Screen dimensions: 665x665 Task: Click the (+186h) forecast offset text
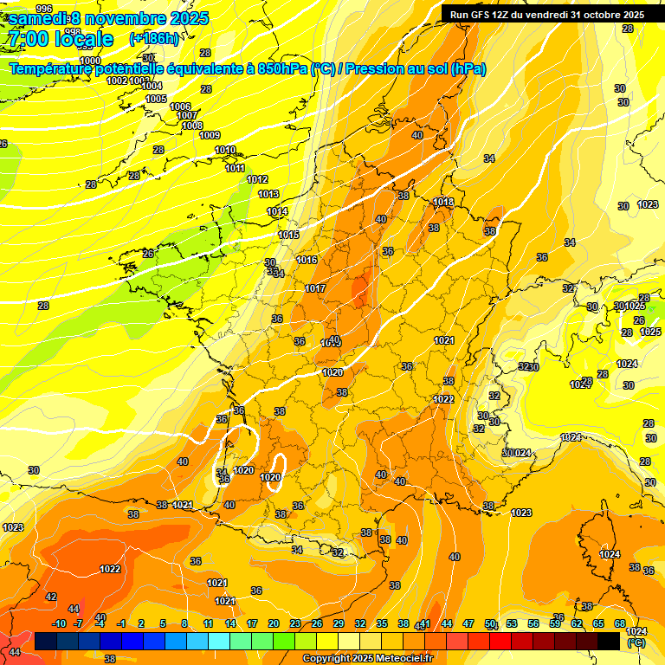tap(153, 39)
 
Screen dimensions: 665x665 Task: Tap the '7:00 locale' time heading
tap(60, 39)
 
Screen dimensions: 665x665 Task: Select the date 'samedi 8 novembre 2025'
tap(107, 16)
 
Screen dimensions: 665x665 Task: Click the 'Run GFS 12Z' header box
tap(546, 15)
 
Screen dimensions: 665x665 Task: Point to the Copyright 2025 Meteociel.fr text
tap(368, 659)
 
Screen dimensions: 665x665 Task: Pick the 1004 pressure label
tap(152, 86)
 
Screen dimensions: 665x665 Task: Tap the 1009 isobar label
tap(210, 135)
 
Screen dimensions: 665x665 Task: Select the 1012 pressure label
tap(257, 179)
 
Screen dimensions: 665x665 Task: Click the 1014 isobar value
tap(277, 211)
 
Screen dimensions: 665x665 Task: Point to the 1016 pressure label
tap(307, 260)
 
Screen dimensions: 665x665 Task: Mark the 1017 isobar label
tap(315, 288)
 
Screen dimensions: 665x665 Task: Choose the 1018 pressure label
tap(443, 202)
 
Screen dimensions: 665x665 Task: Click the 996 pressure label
tap(44, 8)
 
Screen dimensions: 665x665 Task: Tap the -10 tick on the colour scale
tap(60, 623)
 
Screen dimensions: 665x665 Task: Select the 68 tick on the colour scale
tap(620, 623)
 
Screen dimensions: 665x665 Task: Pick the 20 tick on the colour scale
tap(274, 623)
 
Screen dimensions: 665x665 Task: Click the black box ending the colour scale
tap(609, 641)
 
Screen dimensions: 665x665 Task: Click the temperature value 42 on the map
tap(51, 597)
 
